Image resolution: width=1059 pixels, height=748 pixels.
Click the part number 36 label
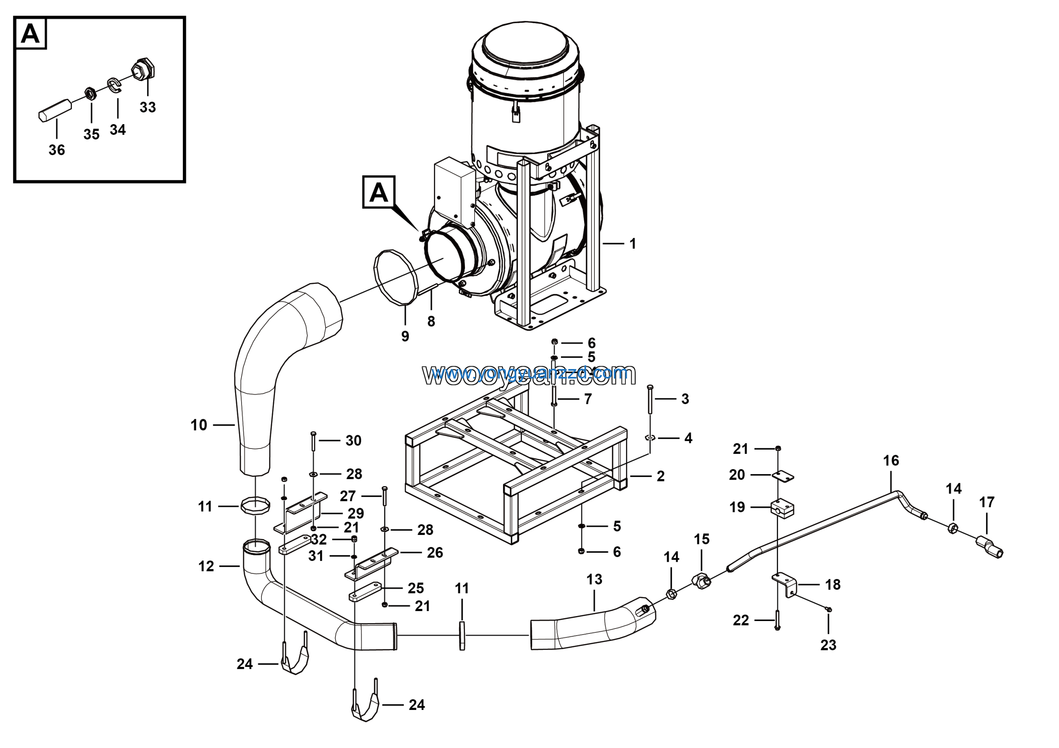click(57, 150)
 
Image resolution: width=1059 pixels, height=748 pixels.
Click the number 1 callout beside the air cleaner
click(633, 244)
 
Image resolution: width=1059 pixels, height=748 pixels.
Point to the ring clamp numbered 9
click(395, 277)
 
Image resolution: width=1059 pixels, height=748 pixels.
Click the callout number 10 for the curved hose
click(199, 425)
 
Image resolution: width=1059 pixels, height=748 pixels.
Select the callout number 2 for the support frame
click(661, 476)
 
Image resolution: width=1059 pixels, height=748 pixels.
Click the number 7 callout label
click(587, 399)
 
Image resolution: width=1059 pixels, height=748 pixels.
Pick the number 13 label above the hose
click(594, 579)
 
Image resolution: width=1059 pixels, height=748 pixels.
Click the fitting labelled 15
click(701, 582)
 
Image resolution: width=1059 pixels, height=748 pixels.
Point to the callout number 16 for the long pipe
click(891, 460)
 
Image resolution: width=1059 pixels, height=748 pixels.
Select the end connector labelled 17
click(990, 547)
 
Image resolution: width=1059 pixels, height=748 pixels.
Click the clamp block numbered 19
click(782, 508)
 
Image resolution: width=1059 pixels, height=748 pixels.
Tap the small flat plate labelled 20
click(783, 476)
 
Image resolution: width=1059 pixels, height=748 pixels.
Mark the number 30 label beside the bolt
click(354, 441)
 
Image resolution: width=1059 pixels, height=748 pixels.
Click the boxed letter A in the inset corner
click(31, 33)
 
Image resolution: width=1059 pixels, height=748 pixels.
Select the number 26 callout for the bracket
click(434, 552)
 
